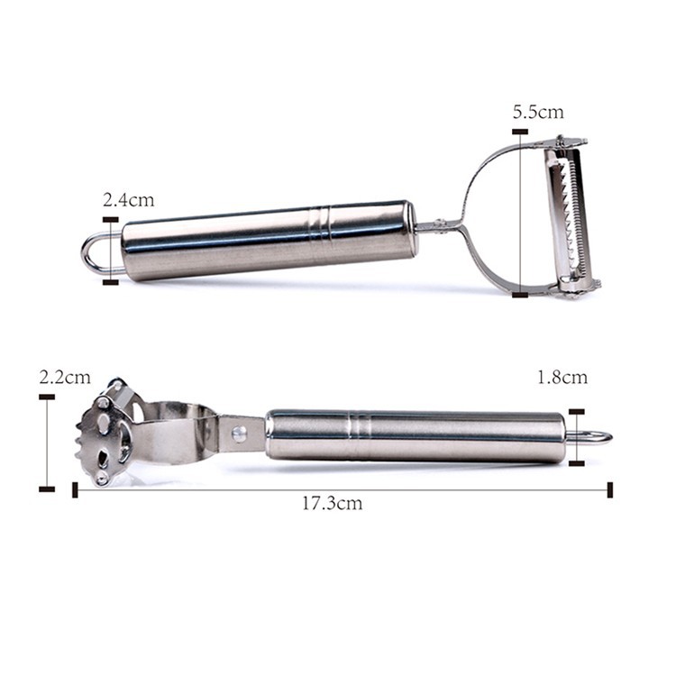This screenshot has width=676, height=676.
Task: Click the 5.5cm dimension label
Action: (538, 112)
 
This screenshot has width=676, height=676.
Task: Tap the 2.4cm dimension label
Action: (128, 200)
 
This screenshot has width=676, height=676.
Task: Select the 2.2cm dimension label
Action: (65, 378)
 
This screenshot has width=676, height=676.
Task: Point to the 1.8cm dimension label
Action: (562, 378)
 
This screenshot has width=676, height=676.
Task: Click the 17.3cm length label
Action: (332, 503)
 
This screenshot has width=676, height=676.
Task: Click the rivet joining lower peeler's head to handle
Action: (239, 433)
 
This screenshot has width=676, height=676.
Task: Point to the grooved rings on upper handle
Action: (319, 224)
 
